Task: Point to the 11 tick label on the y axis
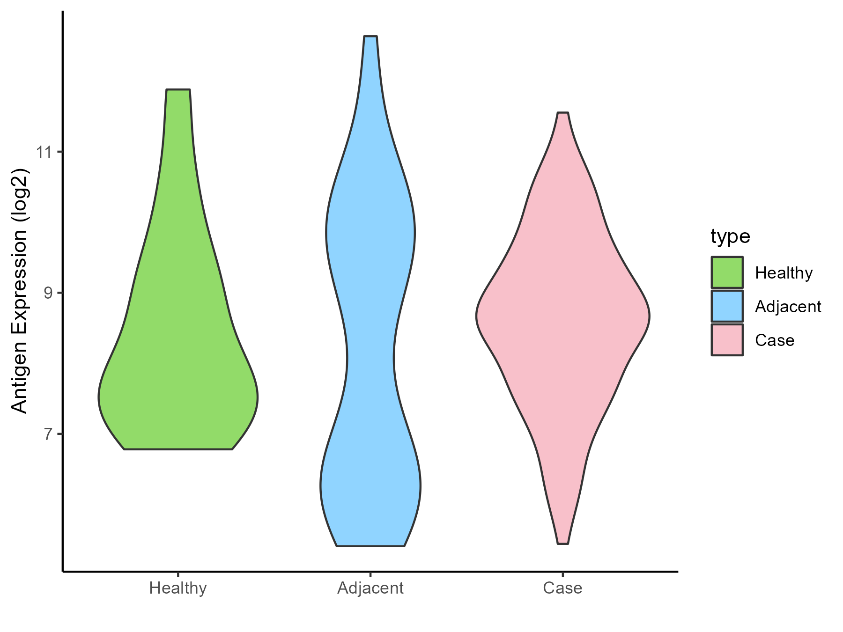tap(46, 152)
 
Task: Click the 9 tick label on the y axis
tap(49, 293)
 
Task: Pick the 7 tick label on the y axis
tap(49, 434)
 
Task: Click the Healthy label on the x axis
tap(178, 588)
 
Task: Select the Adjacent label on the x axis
tap(370, 588)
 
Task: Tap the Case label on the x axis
tap(562, 588)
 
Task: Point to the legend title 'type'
tap(730, 236)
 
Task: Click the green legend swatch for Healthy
tap(727, 272)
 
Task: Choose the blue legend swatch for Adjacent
tap(727, 306)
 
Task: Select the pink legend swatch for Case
tap(727, 340)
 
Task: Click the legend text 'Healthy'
tap(784, 273)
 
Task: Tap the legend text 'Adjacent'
tap(788, 307)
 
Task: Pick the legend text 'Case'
tap(775, 340)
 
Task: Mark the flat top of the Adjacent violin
tap(370, 37)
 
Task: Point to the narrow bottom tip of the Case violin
tap(563, 543)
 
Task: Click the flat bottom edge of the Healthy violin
tap(178, 449)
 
